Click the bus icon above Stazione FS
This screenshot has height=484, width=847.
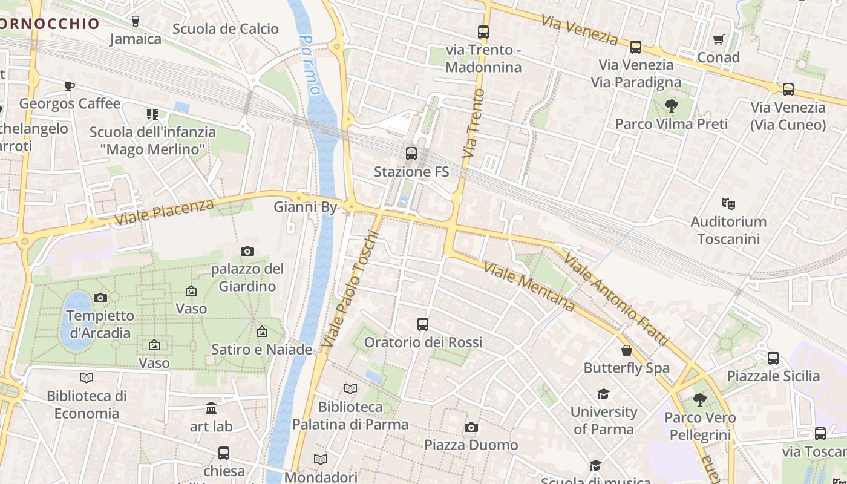tap(411, 154)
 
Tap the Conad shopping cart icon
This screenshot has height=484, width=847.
tap(719, 40)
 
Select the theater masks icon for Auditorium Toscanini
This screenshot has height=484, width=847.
tap(728, 204)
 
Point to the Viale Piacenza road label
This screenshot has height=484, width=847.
tap(164, 212)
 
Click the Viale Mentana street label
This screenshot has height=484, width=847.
tap(529, 286)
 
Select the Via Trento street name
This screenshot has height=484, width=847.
tap(473, 123)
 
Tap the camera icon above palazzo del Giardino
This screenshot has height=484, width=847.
tap(247, 251)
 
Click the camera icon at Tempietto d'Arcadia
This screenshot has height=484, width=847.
tap(100, 298)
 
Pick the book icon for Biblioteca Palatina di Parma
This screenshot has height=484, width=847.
tap(350, 388)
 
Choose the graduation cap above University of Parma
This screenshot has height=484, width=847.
tap(603, 394)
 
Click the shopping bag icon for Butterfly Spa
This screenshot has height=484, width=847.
tap(627, 350)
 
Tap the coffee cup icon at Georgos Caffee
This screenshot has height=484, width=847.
tap(70, 86)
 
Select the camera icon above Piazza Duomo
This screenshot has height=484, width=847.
tap(471, 428)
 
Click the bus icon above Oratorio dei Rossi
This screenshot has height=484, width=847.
tap(423, 324)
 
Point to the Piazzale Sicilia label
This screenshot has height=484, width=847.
tap(773, 376)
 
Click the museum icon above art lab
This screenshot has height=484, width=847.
tap(211, 408)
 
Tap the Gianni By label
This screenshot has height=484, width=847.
tap(305, 208)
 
